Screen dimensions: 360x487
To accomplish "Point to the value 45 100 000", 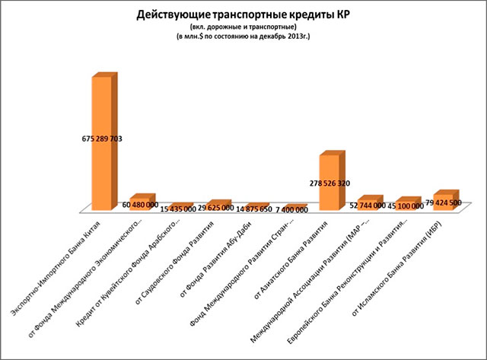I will point(405,205).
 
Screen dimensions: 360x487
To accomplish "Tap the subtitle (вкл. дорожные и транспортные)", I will point(243,27).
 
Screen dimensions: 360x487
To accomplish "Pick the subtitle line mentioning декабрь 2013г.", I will point(243,37).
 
